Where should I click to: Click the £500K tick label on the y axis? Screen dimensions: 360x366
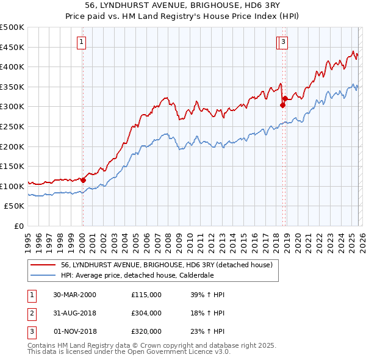(x=12, y=27)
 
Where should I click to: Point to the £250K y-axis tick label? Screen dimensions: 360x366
(x=12, y=126)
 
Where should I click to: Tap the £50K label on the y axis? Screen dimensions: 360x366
(x=15, y=206)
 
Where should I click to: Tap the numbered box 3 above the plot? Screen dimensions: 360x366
(x=284, y=42)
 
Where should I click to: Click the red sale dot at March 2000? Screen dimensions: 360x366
(x=84, y=180)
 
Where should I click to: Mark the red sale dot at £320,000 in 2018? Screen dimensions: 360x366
(x=285, y=99)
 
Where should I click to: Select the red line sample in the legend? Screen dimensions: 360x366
(x=43, y=265)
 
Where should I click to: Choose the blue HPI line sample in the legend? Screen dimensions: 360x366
(x=43, y=275)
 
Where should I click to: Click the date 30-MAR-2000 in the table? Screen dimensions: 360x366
(x=75, y=295)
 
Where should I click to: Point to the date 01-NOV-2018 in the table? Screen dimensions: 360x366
(x=75, y=331)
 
